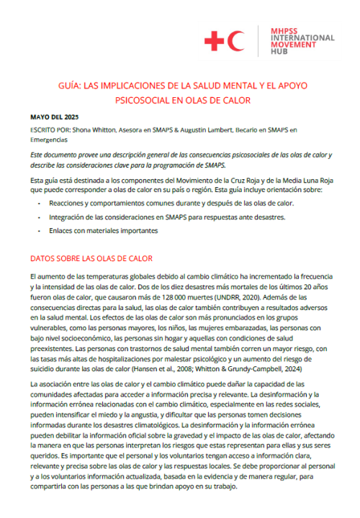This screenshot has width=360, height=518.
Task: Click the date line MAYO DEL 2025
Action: [55, 117]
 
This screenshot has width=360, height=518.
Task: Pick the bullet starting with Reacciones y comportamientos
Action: [166, 204]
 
